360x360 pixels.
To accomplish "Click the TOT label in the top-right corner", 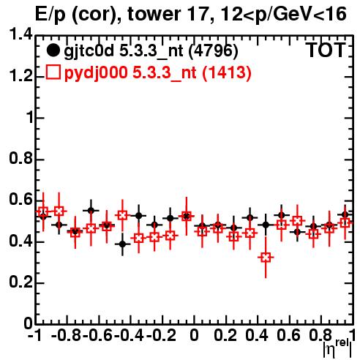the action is [326, 50].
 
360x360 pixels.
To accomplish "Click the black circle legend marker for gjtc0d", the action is [53, 51].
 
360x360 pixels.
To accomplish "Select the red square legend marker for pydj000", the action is [53, 72].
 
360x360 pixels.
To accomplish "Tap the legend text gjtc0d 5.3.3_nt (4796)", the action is [151, 51].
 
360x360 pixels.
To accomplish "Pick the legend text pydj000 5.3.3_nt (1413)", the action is [157, 72].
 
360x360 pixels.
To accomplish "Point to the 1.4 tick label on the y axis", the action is [20, 34].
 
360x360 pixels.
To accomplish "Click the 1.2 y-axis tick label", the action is [20, 76].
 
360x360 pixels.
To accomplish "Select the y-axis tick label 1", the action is [30, 118].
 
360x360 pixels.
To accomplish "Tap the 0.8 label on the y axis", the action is [20, 159].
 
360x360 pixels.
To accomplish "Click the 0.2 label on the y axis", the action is [20, 282].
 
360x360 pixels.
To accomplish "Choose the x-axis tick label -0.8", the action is [66, 336].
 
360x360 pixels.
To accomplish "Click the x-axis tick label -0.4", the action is [129, 336].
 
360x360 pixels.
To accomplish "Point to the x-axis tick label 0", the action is [194, 336].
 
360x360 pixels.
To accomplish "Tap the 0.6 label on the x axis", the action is [288, 336].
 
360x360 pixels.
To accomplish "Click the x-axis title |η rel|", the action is [338, 348].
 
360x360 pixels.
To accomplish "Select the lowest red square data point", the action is [266, 257].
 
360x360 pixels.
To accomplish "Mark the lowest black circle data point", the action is [123, 244].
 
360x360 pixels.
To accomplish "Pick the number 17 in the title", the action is [200, 14].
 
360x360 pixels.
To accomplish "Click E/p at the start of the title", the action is [50, 15].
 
